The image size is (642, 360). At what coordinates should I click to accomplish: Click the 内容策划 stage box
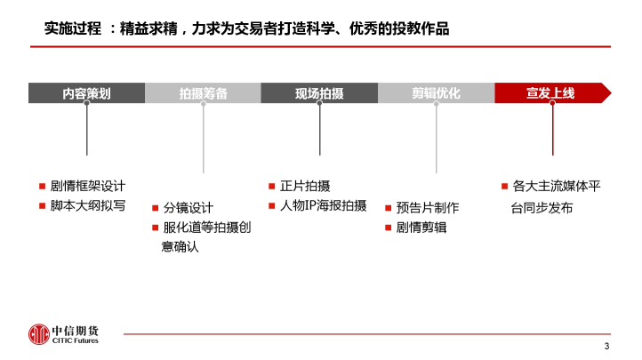pyautogui.click(x=86, y=92)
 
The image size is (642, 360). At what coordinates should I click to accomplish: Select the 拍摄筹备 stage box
pyautogui.click(x=203, y=92)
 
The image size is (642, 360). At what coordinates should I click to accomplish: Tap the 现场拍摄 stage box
pyautogui.click(x=319, y=92)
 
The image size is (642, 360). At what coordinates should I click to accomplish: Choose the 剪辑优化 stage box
pyautogui.click(x=436, y=92)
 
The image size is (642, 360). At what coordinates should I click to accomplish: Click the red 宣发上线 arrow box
pyautogui.click(x=553, y=92)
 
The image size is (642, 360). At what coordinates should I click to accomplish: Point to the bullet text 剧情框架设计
pyautogui.click(x=88, y=186)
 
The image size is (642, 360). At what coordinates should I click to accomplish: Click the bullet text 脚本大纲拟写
pyautogui.click(x=88, y=205)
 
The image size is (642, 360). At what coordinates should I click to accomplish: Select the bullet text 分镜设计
pyautogui.click(x=189, y=208)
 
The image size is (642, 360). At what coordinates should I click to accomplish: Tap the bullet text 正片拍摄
pyautogui.click(x=305, y=186)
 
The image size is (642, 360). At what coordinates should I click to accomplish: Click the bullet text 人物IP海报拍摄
pyautogui.click(x=323, y=205)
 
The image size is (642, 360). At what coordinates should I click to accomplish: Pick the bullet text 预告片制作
pyautogui.click(x=428, y=208)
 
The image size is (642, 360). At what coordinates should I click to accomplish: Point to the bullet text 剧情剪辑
pyautogui.click(x=421, y=228)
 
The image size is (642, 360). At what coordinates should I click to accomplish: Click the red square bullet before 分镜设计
pyautogui.click(x=156, y=208)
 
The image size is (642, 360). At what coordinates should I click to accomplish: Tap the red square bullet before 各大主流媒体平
pyautogui.click(x=504, y=187)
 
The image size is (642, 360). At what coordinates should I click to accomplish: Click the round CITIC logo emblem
pyautogui.click(x=39, y=334)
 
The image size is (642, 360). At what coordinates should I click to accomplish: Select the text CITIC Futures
pyautogui.click(x=76, y=340)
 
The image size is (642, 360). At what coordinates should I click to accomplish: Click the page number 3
pyautogui.click(x=606, y=346)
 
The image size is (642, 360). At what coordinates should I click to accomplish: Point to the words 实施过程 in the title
pyautogui.click(x=73, y=28)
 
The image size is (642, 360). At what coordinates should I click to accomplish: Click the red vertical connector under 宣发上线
pyautogui.click(x=553, y=129)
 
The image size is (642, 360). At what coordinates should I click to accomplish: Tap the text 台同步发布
pyautogui.click(x=542, y=208)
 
